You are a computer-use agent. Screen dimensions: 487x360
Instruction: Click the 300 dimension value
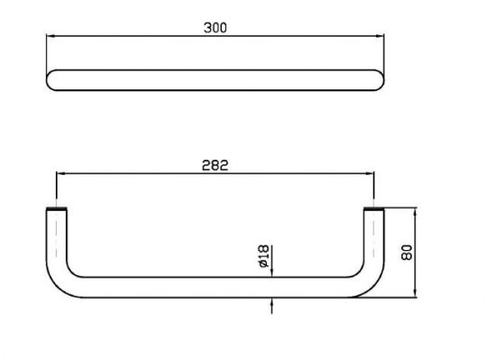point(216,28)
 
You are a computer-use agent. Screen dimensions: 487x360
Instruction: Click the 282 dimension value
point(215,165)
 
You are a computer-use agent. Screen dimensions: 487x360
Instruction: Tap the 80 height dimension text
point(407,253)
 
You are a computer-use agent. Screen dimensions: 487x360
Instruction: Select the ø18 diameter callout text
point(263,256)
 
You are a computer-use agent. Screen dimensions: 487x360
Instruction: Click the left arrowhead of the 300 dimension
point(51,36)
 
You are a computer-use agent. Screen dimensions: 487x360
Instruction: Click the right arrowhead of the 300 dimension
point(380,36)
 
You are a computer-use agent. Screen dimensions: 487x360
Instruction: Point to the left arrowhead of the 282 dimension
point(60,173)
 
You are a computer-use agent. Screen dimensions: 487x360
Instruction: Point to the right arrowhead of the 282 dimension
point(370,173)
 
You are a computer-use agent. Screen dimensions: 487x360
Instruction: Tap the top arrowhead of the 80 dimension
point(416,213)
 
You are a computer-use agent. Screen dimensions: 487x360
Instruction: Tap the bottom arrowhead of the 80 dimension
point(416,293)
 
